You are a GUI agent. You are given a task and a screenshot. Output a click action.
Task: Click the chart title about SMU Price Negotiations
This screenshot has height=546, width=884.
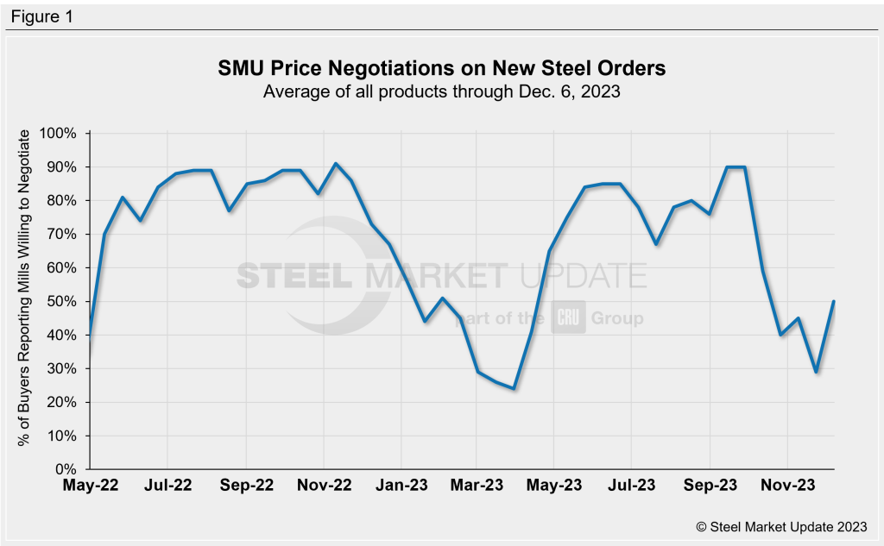pyautogui.click(x=442, y=68)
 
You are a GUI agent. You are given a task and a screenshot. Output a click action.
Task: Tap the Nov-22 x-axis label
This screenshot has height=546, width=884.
pyautogui.click(x=324, y=486)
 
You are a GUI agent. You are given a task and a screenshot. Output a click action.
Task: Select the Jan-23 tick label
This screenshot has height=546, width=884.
pyautogui.click(x=401, y=486)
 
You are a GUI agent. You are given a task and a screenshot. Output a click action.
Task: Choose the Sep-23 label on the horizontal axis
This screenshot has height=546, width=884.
pyautogui.click(x=710, y=486)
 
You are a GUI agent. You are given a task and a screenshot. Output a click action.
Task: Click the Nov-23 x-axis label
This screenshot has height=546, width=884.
pyautogui.click(x=786, y=486)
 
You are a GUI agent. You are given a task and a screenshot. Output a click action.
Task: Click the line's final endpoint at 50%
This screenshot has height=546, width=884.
pyautogui.click(x=832, y=302)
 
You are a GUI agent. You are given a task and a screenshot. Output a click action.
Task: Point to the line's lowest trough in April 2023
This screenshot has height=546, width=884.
pyautogui.click(x=515, y=388)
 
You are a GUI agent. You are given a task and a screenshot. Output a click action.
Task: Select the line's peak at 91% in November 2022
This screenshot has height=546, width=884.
pyautogui.click(x=336, y=164)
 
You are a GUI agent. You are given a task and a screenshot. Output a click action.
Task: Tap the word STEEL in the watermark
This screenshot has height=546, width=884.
pyautogui.click(x=293, y=277)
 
